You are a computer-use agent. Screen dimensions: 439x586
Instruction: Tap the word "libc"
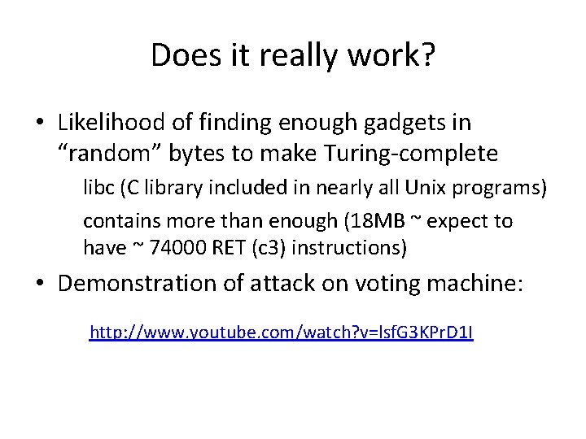[98, 189]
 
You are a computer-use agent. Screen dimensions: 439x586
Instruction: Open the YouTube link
[282, 332]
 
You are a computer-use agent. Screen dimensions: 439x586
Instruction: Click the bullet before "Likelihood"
[39, 124]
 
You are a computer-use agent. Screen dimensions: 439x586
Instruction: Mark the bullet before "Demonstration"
[39, 284]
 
